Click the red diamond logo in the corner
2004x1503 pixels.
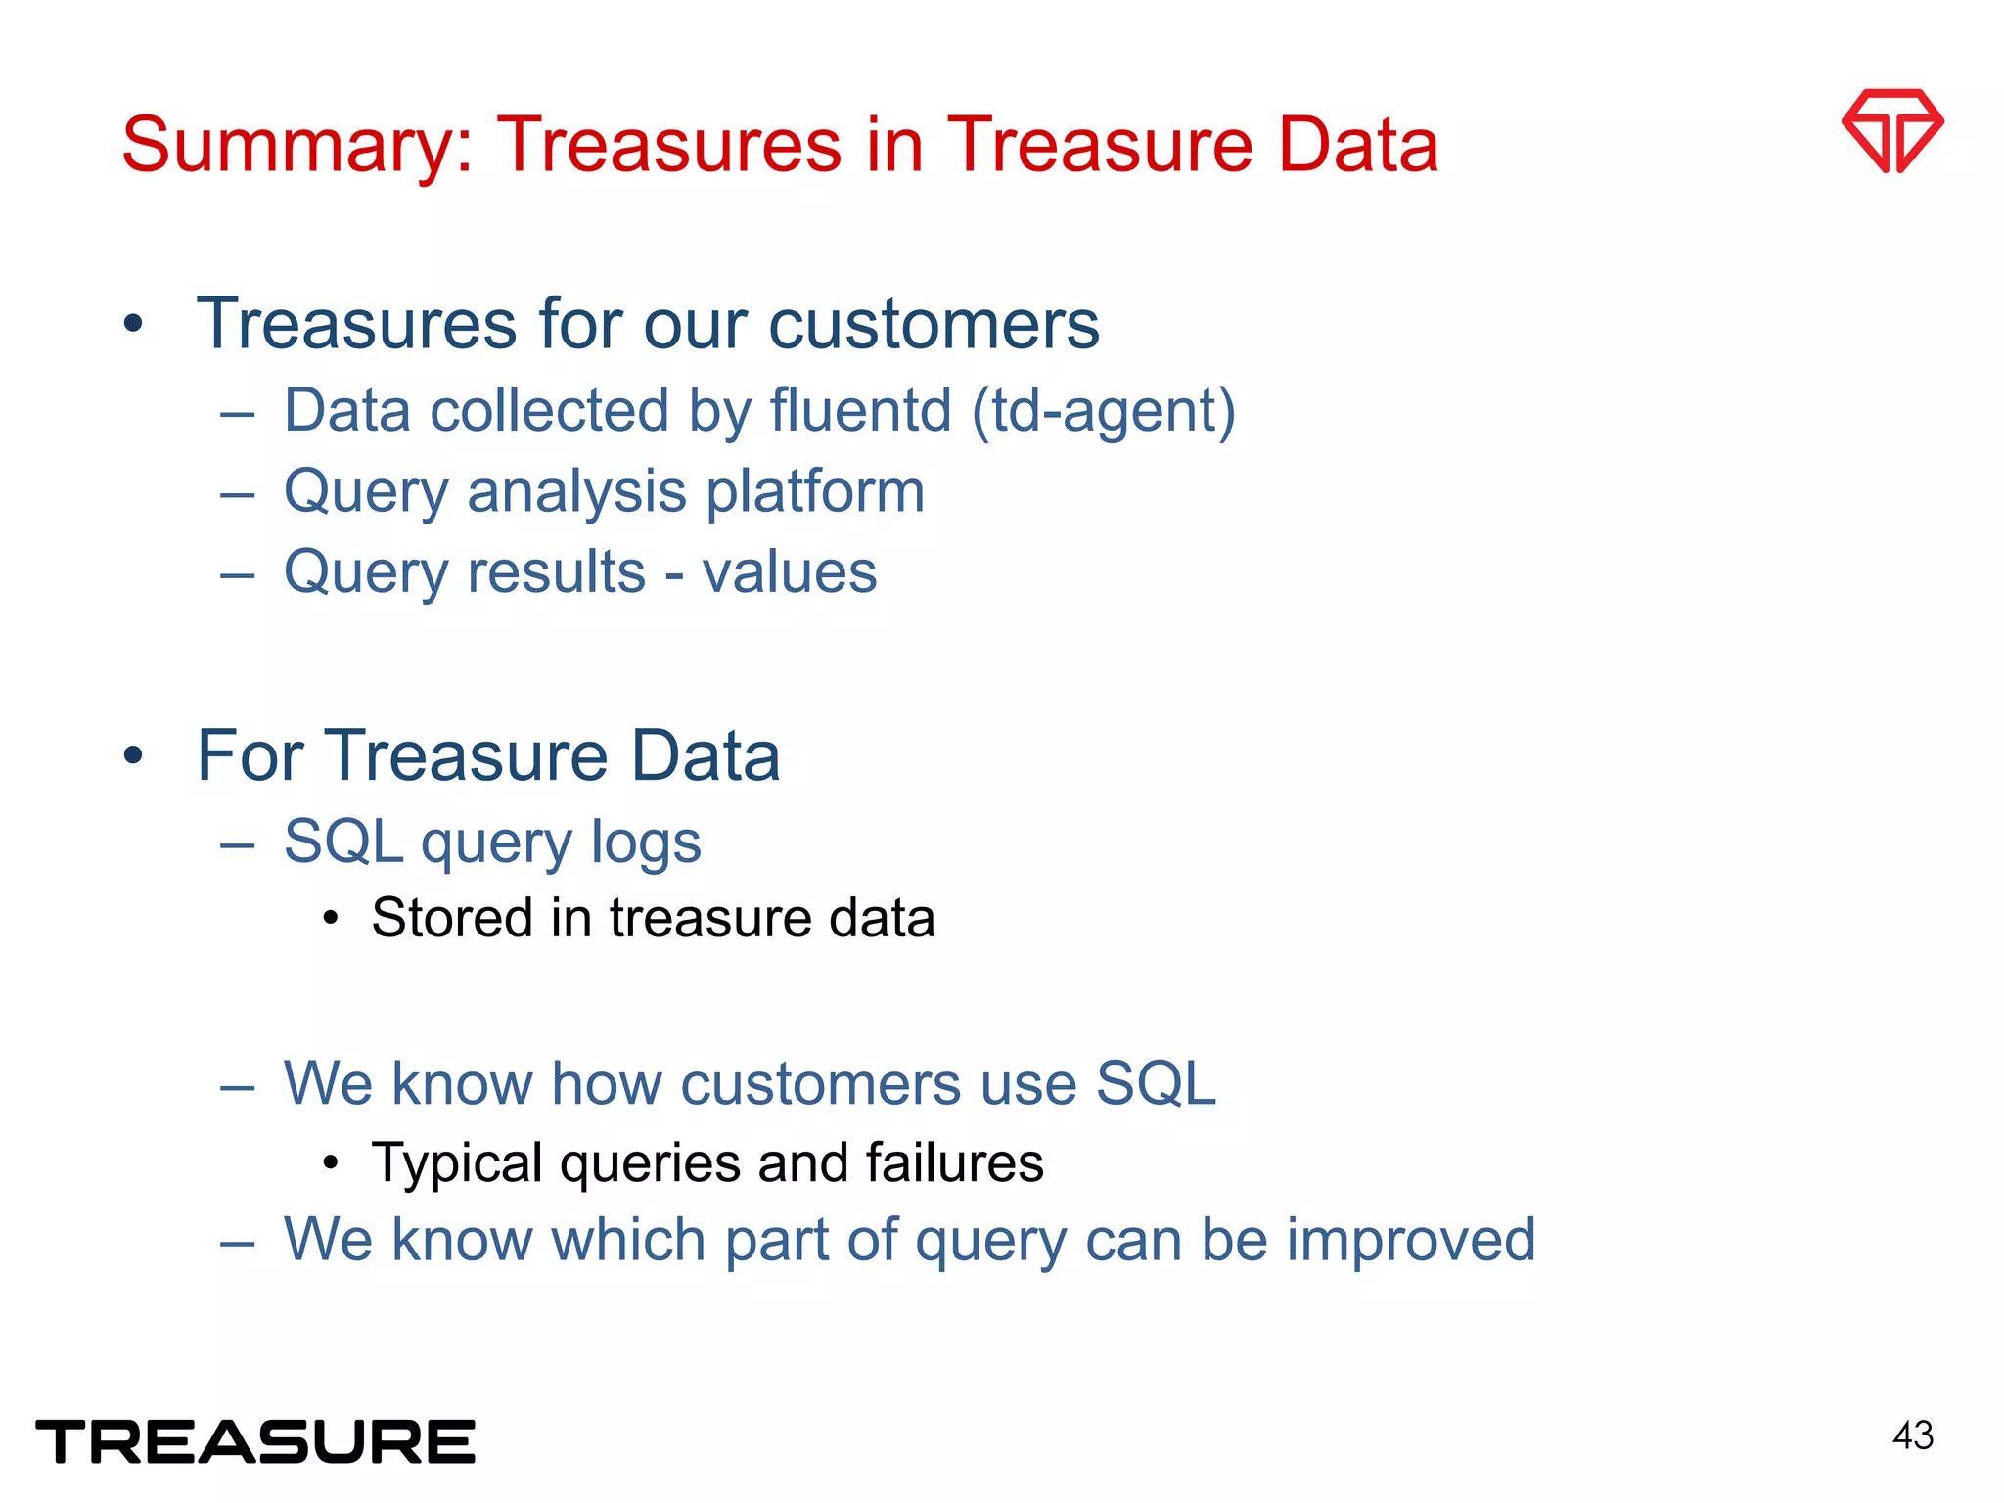pyautogui.click(x=1891, y=130)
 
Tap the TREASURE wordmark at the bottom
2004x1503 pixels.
pyautogui.click(x=255, y=1441)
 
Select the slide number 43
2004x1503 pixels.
pyautogui.click(x=1912, y=1435)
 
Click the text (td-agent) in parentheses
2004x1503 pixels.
pyautogui.click(x=1104, y=411)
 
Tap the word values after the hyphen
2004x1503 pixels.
pyautogui.click(x=789, y=572)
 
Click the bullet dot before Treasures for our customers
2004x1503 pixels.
pyautogui.click(x=134, y=324)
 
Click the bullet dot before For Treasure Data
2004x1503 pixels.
pyautogui.click(x=134, y=756)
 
